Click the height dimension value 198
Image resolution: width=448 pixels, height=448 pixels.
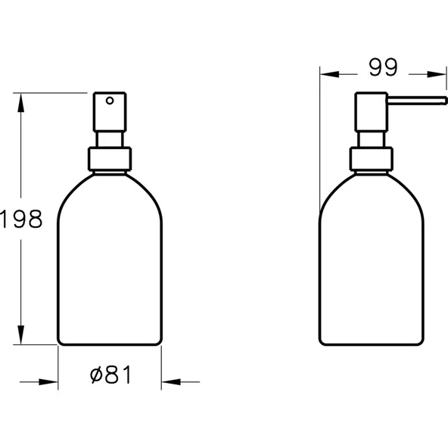pyautogui.click(x=20, y=219)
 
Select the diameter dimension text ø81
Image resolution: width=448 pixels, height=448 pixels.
pyautogui.click(x=109, y=375)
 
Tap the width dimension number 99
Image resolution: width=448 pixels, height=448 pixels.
pyautogui.click(x=384, y=67)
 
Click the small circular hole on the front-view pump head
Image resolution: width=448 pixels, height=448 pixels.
pyautogui.click(x=109, y=100)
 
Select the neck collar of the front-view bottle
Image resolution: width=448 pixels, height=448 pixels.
pyautogui.click(x=109, y=158)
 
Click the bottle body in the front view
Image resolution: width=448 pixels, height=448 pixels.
pyautogui.click(x=109, y=265)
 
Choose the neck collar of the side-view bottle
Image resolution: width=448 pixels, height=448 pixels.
pyautogui.click(x=371, y=158)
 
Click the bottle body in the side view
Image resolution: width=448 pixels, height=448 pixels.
pyautogui.click(x=371, y=265)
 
